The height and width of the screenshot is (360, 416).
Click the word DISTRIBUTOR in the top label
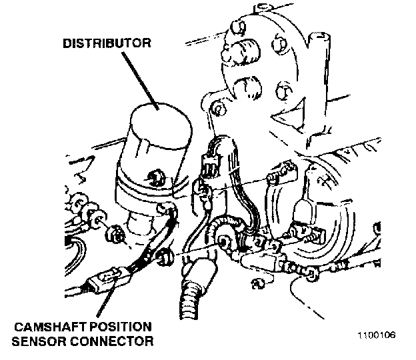[107, 44]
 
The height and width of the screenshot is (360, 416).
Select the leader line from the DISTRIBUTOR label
[137, 76]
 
